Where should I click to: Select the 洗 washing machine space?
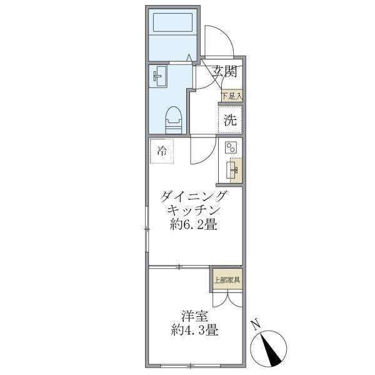click(x=231, y=120)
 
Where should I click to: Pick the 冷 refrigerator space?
click(x=162, y=151)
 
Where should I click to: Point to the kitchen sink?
click(x=235, y=169)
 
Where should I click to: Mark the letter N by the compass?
click(x=255, y=324)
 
